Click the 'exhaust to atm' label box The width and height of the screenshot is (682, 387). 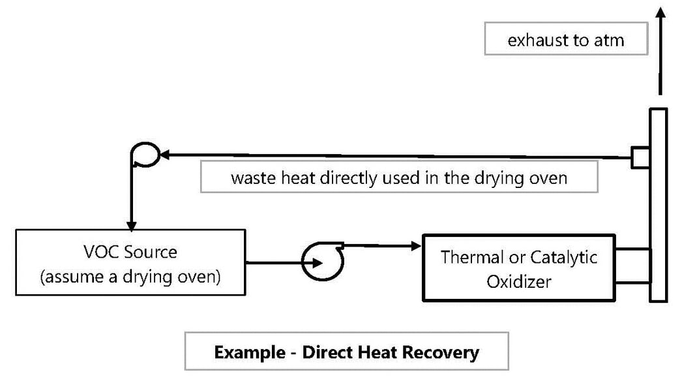565,40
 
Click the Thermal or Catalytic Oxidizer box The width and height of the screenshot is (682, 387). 518,268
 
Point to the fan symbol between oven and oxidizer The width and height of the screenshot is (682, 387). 320,262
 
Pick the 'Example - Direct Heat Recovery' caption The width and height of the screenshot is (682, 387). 346,352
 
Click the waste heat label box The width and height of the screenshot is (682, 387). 398,178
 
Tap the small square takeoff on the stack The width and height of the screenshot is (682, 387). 640,157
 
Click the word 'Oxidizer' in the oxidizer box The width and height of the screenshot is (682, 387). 519,281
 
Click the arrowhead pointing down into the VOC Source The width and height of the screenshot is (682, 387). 132,225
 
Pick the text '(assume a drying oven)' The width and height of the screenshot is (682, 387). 130,277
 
